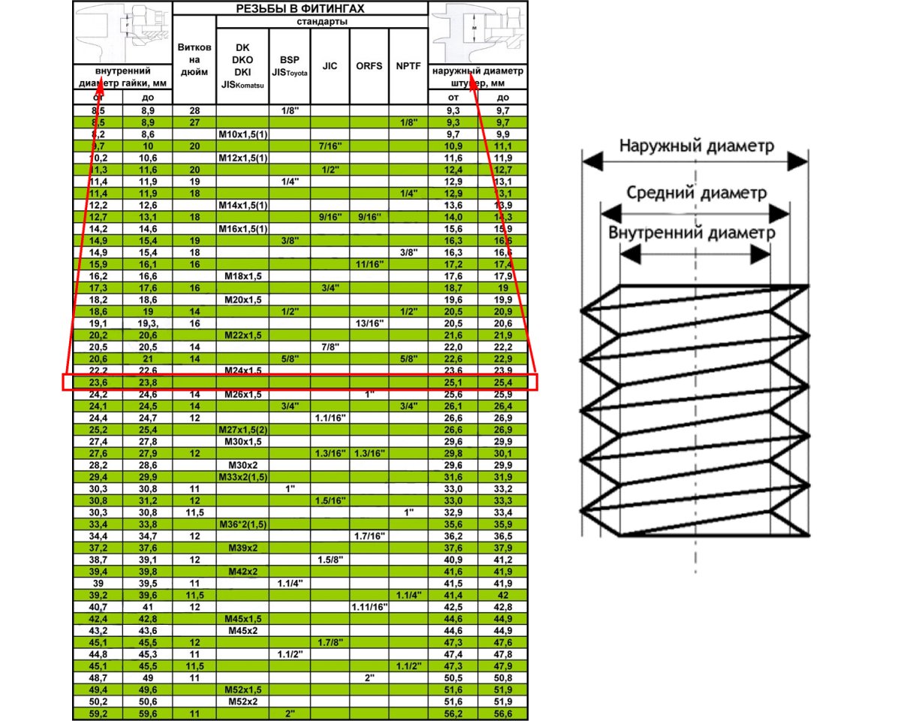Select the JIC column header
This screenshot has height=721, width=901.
click(330, 66)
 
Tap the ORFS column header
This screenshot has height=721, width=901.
click(369, 66)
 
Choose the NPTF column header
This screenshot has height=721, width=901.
click(408, 66)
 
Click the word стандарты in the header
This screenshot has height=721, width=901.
click(321, 21)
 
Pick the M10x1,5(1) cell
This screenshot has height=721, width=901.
click(243, 133)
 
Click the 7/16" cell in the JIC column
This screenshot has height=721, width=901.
click(330, 145)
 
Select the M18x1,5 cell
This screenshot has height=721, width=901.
click(243, 276)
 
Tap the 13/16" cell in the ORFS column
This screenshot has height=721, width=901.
click(369, 323)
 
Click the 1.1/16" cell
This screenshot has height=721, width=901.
click(330, 418)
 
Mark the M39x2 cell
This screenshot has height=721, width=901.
click(243, 548)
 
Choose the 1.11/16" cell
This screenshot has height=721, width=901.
click(369, 607)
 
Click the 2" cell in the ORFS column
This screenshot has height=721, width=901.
click(369, 678)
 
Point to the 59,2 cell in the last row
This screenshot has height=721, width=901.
click(98, 713)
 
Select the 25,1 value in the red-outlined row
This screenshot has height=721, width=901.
click(453, 382)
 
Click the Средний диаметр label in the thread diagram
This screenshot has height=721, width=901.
click(696, 193)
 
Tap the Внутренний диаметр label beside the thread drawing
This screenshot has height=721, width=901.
click(692, 233)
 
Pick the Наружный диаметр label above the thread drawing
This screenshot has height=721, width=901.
click(696, 146)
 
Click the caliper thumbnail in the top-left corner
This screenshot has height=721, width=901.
click(122, 32)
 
